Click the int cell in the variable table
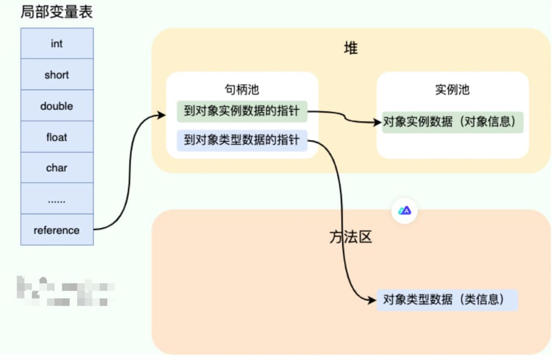point(57,44)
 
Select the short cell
point(57,75)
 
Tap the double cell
point(57,106)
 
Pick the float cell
point(57,137)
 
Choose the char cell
point(57,168)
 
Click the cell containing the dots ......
point(57,199)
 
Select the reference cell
point(57,230)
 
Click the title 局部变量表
point(57,12)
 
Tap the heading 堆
point(351,49)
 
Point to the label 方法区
point(351,237)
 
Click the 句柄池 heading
point(242,90)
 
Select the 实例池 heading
point(452,90)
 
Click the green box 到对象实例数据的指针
point(242,112)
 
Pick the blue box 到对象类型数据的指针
point(242,141)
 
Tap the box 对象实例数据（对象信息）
point(453,122)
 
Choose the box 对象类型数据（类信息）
point(447,300)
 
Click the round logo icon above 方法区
point(404,210)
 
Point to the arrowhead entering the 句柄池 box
point(161,114)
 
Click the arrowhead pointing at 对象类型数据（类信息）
point(373,300)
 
